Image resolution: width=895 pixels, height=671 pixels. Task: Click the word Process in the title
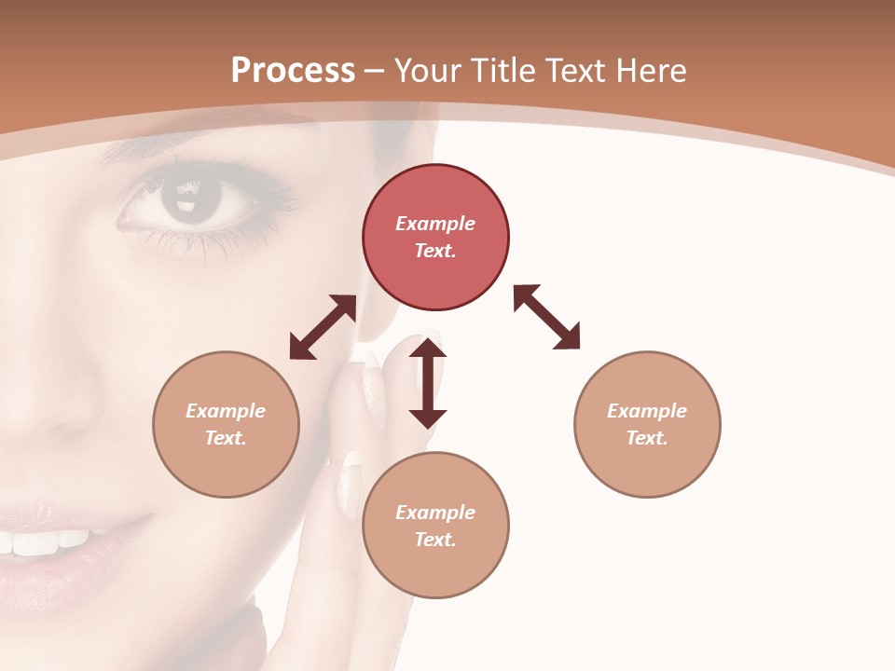click(293, 71)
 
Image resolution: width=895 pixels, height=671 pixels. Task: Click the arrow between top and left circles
click(323, 327)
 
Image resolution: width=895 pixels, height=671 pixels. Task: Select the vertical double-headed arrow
click(428, 384)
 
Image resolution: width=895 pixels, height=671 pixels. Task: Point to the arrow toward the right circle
click(546, 317)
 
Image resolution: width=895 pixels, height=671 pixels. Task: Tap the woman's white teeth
click(47, 541)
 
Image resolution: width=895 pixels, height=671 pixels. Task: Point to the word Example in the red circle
click(435, 224)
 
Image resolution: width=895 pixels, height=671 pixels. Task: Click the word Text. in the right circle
click(647, 438)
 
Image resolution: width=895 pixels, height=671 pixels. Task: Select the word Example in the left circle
click(226, 411)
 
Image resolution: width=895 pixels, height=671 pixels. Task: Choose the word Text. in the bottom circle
click(435, 540)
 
